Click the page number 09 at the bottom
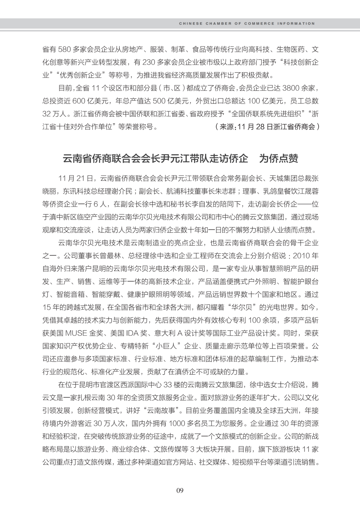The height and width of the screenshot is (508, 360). point(180,490)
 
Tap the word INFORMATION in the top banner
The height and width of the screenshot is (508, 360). point(296,24)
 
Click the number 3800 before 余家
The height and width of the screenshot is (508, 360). point(292,88)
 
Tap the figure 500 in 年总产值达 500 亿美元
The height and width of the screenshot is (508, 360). point(159,101)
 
